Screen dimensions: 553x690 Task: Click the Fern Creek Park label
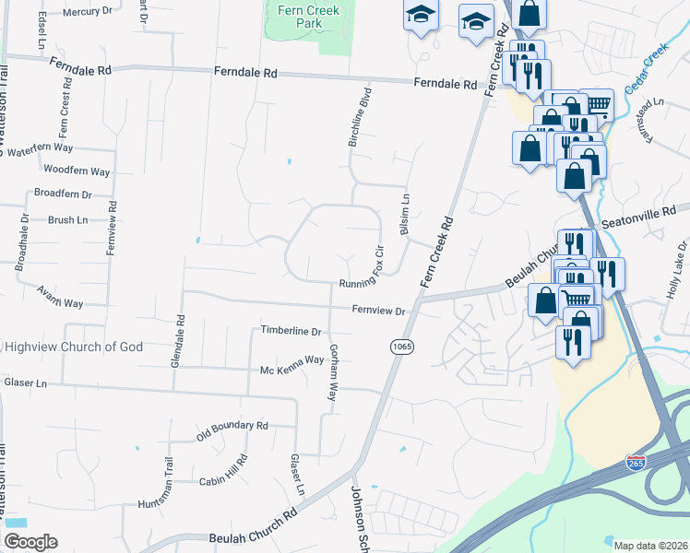click(x=308, y=18)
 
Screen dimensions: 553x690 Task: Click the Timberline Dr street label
click(x=291, y=331)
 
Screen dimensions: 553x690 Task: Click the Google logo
click(x=30, y=542)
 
